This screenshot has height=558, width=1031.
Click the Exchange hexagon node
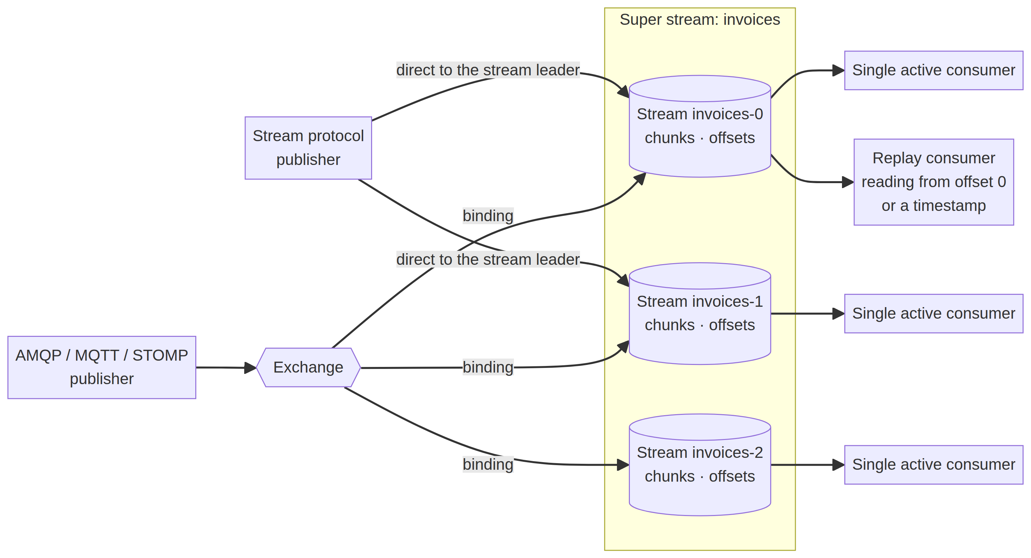pyautogui.click(x=308, y=368)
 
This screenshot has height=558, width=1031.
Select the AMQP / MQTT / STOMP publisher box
pyautogui.click(x=102, y=368)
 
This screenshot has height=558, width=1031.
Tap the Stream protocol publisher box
pyautogui.click(x=308, y=148)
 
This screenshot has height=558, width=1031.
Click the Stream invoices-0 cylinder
pyautogui.click(x=700, y=126)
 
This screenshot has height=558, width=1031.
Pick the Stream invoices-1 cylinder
pyautogui.click(x=700, y=313)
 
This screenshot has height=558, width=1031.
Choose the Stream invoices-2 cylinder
pyautogui.click(x=700, y=465)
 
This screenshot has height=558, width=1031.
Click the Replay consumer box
pyautogui.click(x=934, y=182)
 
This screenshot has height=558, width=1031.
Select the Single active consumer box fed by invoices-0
pyautogui.click(x=934, y=70)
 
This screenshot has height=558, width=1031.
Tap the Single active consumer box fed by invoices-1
pyautogui.click(x=934, y=313)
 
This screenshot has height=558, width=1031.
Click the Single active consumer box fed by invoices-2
pyautogui.click(x=934, y=465)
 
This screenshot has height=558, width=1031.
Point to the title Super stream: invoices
pyautogui.click(x=700, y=20)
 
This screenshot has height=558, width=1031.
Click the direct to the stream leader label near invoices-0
pyautogui.click(x=488, y=70)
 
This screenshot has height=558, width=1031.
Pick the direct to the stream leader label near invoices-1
pyautogui.click(x=488, y=259)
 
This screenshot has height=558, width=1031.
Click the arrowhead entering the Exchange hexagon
pyautogui.click(x=250, y=368)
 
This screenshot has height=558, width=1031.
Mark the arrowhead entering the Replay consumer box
pyautogui.click(x=848, y=182)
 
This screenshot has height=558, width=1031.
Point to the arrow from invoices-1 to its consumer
pyautogui.click(x=808, y=313)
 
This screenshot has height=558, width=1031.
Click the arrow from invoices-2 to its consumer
pyautogui.click(x=808, y=465)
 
